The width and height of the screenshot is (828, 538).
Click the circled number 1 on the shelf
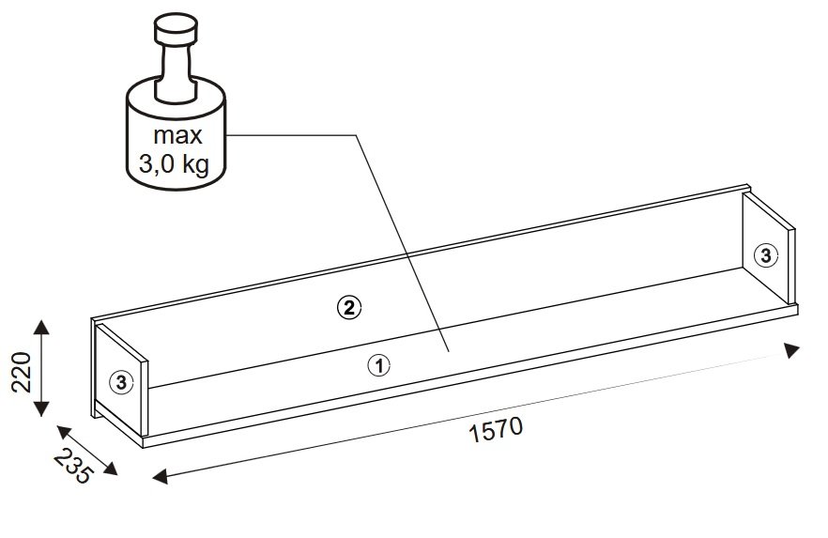point(378,365)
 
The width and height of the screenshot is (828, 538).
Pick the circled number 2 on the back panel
point(348,306)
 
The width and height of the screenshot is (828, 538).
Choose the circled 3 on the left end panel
point(121,381)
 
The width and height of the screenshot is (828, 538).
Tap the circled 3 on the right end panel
point(766,254)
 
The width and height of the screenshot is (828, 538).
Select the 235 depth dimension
point(74,466)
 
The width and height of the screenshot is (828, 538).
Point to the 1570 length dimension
point(495,430)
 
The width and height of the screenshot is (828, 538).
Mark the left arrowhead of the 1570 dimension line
point(160,476)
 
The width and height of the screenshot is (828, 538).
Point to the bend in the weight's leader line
point(355,136)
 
